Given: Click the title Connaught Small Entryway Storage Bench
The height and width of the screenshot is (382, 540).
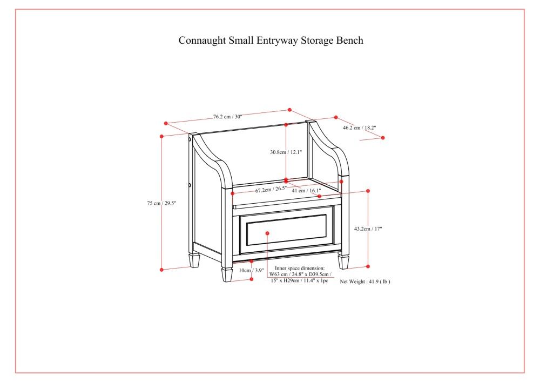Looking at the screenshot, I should point(271,41).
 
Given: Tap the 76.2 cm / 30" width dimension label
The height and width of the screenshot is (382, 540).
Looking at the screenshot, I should point(227,116).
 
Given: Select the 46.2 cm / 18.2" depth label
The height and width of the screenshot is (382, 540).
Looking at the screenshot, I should point(359,128).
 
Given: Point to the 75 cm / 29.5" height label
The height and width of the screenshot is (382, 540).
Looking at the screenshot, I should point(161,203).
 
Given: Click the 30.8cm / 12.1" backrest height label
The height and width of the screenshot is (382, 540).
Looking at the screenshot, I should point(286,152).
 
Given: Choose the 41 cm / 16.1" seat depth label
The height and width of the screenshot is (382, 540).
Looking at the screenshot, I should point(306,190).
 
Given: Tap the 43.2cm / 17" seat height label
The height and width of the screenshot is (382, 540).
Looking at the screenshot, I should point(368,229).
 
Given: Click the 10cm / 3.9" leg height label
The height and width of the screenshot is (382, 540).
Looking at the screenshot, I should point(251,270).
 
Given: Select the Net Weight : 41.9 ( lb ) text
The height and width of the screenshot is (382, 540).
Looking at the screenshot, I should point(364,282).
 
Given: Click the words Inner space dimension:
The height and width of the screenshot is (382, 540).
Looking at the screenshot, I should point(300,268).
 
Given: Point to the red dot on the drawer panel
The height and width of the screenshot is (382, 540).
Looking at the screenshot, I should point(268,232).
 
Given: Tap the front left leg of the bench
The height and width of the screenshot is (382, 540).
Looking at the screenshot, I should point(227,273).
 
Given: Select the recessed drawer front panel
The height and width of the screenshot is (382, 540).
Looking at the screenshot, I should point(286,230).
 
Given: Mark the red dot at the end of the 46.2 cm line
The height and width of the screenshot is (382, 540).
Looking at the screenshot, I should point(383,138).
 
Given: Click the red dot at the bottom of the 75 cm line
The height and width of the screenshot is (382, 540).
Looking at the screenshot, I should point(162,269).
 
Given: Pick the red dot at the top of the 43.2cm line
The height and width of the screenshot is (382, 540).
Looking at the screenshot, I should point(368,191).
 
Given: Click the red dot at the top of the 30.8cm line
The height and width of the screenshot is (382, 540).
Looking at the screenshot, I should point(286,125).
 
